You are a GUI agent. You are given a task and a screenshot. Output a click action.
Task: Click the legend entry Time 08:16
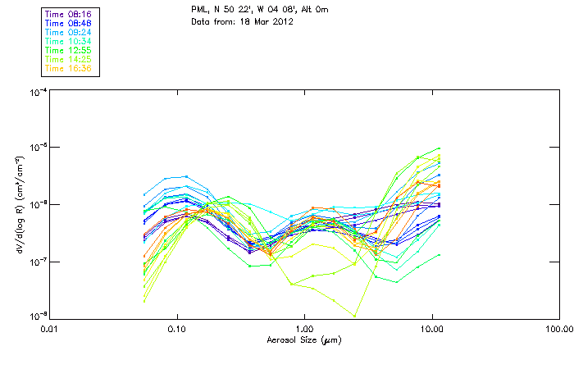pyautogui.click(x=68, y=14)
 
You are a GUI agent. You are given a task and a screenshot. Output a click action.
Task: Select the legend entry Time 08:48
pyautogui.click(x=68, y=23)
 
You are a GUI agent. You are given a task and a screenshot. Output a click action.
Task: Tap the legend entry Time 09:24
pyautogui.click(x=68, y=32)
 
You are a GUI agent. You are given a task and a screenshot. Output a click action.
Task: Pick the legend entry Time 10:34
pyautogui.click(x=68, y=41)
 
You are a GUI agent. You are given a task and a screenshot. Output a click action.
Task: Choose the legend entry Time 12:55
pyautogui.click(x=68, y=50)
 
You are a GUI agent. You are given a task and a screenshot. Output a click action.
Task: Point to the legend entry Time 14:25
pyautogui.click(x=68, y=59)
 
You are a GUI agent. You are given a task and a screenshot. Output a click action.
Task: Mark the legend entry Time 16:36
pyautogui.click(x=68, y=68)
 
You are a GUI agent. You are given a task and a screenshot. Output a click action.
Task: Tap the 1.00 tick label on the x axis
pyautogui.click(x=304, y=329)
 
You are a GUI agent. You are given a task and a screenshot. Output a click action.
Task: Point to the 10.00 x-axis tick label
pyautogui.click(x=431, y=329)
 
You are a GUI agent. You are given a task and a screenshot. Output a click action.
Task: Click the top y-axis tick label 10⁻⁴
pyautogui.click(x=36, y=92)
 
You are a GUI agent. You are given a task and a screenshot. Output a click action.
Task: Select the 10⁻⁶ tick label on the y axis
pyautogui.click(x=36, y=205)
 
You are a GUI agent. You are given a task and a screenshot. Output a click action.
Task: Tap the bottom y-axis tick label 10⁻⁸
pyautogui.click(x=36, y=316)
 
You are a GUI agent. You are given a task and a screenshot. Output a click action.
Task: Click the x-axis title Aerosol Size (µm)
pyautogui.click(x=304, y=339)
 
